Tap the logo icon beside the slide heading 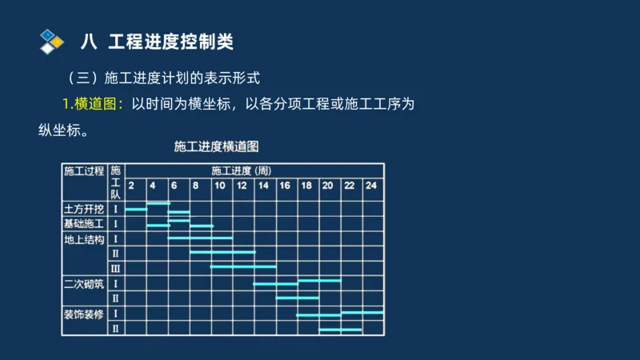51,41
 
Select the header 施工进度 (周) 241,170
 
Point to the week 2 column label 131,186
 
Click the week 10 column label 218,186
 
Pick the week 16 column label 284,186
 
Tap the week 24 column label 371,186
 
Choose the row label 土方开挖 84,209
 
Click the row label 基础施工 84,223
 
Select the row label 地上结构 84,238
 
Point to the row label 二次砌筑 84,283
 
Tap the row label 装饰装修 84,314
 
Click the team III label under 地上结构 115,268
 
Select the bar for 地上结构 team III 243,266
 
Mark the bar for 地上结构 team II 222,252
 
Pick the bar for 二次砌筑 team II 298,298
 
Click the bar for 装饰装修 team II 341,329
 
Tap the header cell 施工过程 84,170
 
